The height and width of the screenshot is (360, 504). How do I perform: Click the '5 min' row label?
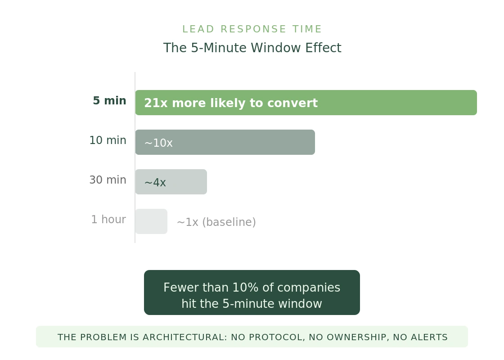click(x=109, y=101)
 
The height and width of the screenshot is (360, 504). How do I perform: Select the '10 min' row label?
click(x=108, y=140)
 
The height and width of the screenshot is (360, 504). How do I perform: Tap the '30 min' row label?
click(x=108, y=180)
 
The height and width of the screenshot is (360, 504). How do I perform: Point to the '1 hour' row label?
click(x=108, y=220)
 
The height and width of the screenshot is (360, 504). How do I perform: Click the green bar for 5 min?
click(x=396, y=103)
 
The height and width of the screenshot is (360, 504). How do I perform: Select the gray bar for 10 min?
click(x=243, y=142)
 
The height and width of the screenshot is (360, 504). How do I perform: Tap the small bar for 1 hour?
click(x=151, y=221)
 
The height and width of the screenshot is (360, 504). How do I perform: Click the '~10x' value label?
click(x=158, y=143)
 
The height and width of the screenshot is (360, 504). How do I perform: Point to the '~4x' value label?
click(x=155, y=183)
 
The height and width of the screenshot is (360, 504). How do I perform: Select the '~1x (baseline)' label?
click(x=216, y=222)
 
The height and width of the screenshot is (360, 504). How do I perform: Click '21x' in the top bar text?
click(x=156, y=103)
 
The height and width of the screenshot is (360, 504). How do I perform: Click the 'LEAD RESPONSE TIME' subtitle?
click(x=252, y=29)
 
